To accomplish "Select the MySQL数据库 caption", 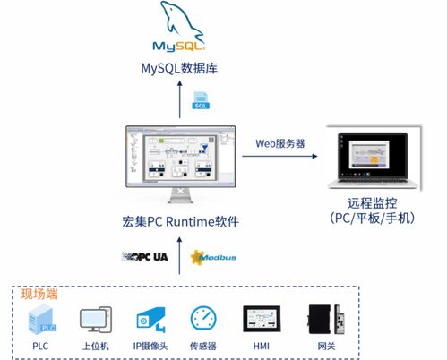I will (x=179, y=67).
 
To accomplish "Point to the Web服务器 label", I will (x=279, y=142).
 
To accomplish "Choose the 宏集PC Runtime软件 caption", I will (x=179, y=221).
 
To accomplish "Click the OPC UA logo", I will (x=145, y=257).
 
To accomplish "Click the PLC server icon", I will (x=39, y=319).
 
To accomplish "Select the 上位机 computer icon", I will (x=94, y=320).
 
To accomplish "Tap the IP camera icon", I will (x=148, y=320).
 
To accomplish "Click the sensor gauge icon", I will (x=203, y=319).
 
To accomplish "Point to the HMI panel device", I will (x=261, y=320).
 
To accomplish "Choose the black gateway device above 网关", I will (x=319, y=320).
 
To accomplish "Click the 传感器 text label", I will (x=203, y=345).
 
